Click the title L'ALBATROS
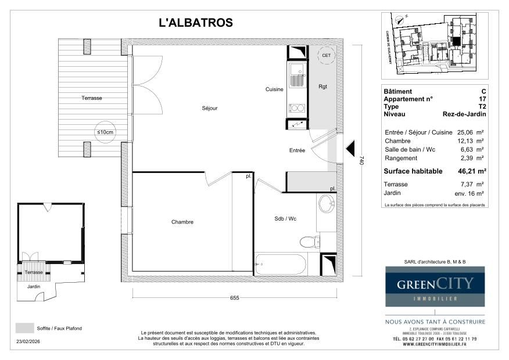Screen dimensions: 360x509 pyautogui.click(x=196, y=23)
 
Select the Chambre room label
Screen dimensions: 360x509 pyautogui.click(x=182, y=222)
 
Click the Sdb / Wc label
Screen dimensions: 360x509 pyautogui.click(x=285, y=219)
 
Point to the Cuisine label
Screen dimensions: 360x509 pyautogui.click(x=274, y=89)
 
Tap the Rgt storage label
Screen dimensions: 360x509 pyautogui.click(x=322, y=87)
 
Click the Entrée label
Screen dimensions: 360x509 pyautogui.click(x=297, y=150)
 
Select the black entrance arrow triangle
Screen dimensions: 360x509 pyautogui.click(x=350, y=151)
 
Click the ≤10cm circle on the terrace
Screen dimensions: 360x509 pyautogui.click(x=105, y=132)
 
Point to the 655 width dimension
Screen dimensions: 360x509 pyautogui.click(x=234, y=298)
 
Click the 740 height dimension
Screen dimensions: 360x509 pyautogui.click(x=361, y=161)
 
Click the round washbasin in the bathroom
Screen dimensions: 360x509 pyautogui.click(x=326, y=204)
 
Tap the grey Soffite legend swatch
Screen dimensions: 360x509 pyautogui.click(x=24, y=328)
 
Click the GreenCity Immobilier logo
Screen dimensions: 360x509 pyautogui.click(x=435, y=286)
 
